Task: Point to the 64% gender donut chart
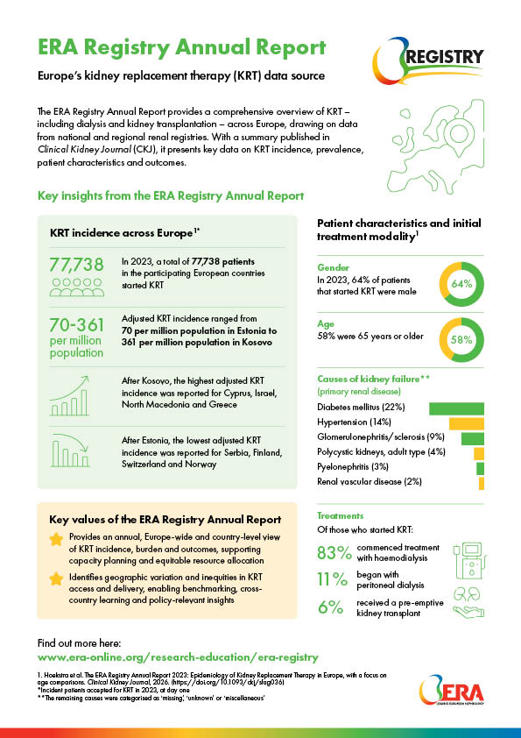461,284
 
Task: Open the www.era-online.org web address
178,656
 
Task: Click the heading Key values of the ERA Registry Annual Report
165,519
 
